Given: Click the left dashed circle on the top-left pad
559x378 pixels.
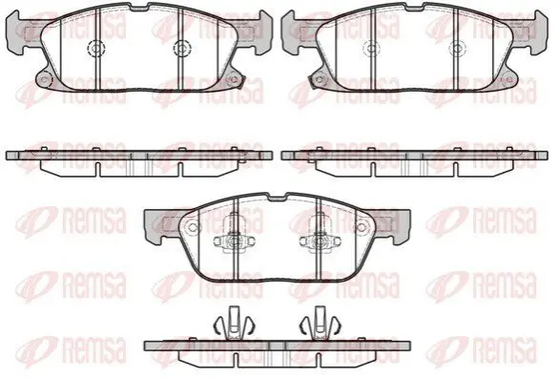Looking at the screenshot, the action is tap(96, 48).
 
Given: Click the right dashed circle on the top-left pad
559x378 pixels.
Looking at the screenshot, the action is tap(182, 48).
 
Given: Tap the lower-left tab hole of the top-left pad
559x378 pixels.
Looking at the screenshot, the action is tap(44, 79).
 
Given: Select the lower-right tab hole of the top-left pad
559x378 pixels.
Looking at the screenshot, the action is tap(234, 79).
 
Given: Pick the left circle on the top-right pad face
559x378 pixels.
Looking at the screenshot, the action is tap(371, 48).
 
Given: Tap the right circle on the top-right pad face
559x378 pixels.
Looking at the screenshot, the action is tap(457, 48).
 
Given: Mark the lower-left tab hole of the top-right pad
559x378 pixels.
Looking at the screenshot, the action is tap(320, 79).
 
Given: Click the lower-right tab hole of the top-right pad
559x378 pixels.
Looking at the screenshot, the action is tap(509, 79).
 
